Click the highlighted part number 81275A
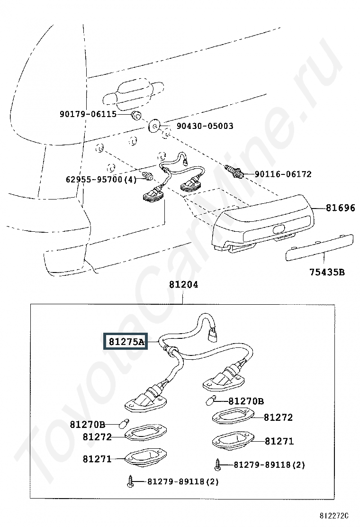[x=126, y=342]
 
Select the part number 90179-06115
[x=88, y=114]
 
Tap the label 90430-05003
[x=205, y=126]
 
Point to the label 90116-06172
[x=283, y=174]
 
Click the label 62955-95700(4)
[x=101, y=179]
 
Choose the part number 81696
[x=340, y=208]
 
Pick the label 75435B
[x=327, y=272]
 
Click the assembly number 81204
[x=184, y=284]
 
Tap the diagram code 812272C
[x=333, y=515]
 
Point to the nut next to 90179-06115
[x=136, y=115]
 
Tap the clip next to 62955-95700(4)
[x=148, y=175]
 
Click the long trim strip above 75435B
[x=319, y=248]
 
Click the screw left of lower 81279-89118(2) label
[x=131, y=482]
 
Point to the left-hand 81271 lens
[x=145, y=458]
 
